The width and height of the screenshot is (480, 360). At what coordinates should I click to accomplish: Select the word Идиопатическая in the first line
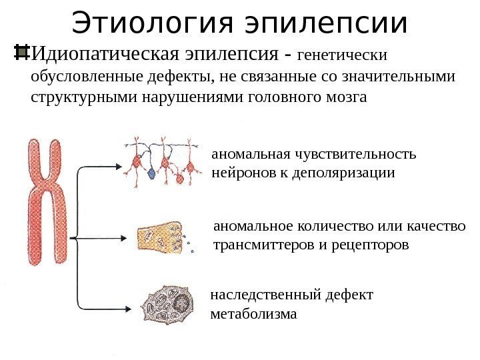tap(103, 53)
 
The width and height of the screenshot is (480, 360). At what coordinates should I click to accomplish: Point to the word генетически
tap(345, 53)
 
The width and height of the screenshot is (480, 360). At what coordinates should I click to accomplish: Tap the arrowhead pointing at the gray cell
tap(129, 307)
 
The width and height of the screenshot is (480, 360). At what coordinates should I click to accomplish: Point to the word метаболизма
tap(253, 312)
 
